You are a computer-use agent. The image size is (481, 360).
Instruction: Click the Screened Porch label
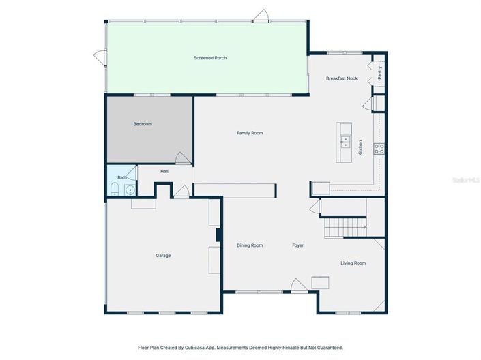(210, 58)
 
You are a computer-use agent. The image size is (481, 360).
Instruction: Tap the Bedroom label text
(143, 124)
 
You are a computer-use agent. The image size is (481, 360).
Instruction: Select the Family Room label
(250, 133)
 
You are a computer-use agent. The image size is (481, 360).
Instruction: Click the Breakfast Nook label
(341, 78)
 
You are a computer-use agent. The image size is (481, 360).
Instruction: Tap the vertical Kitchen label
(360, 148)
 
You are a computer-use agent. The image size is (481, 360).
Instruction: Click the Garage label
(163, 256)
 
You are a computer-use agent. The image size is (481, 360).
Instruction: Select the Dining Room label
(250, 245)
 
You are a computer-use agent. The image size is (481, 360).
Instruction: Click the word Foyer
(298, 245)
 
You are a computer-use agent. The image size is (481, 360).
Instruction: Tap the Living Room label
(353, 262)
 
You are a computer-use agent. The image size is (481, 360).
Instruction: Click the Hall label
(164, 171)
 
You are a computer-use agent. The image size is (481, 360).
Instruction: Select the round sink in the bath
(129, 190)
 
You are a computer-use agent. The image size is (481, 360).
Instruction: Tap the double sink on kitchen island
(345, 142)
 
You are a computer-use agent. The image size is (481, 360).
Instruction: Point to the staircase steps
(345, 227)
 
